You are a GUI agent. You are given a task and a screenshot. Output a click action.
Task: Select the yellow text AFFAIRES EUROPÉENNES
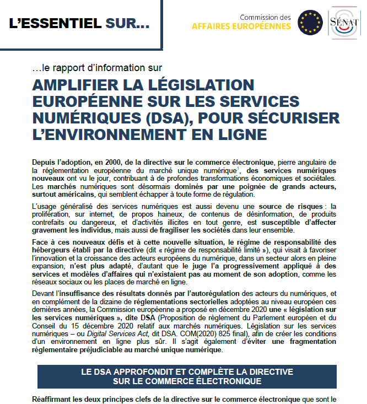[241, 26]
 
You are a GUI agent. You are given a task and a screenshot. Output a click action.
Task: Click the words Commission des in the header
[265, 17]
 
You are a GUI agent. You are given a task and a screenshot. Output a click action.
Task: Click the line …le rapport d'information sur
[97, 68]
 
